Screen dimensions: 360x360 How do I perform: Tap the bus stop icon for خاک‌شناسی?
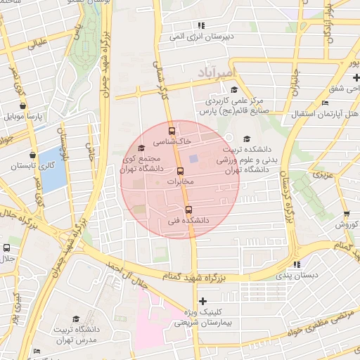172,130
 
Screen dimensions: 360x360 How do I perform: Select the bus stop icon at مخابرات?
180,171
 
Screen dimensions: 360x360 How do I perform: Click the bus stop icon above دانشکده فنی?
188,210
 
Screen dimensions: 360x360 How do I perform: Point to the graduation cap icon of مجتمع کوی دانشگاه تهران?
142,148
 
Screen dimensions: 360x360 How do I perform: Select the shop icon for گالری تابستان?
32,155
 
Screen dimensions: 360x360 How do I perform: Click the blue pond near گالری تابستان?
51,169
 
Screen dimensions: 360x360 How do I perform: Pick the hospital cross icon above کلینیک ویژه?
202,300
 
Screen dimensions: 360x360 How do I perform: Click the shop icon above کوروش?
346,214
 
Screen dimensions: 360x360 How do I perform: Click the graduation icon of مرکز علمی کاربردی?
233,89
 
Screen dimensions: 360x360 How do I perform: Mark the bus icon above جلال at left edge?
7,247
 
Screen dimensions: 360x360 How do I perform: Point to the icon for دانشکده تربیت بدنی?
246,139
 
